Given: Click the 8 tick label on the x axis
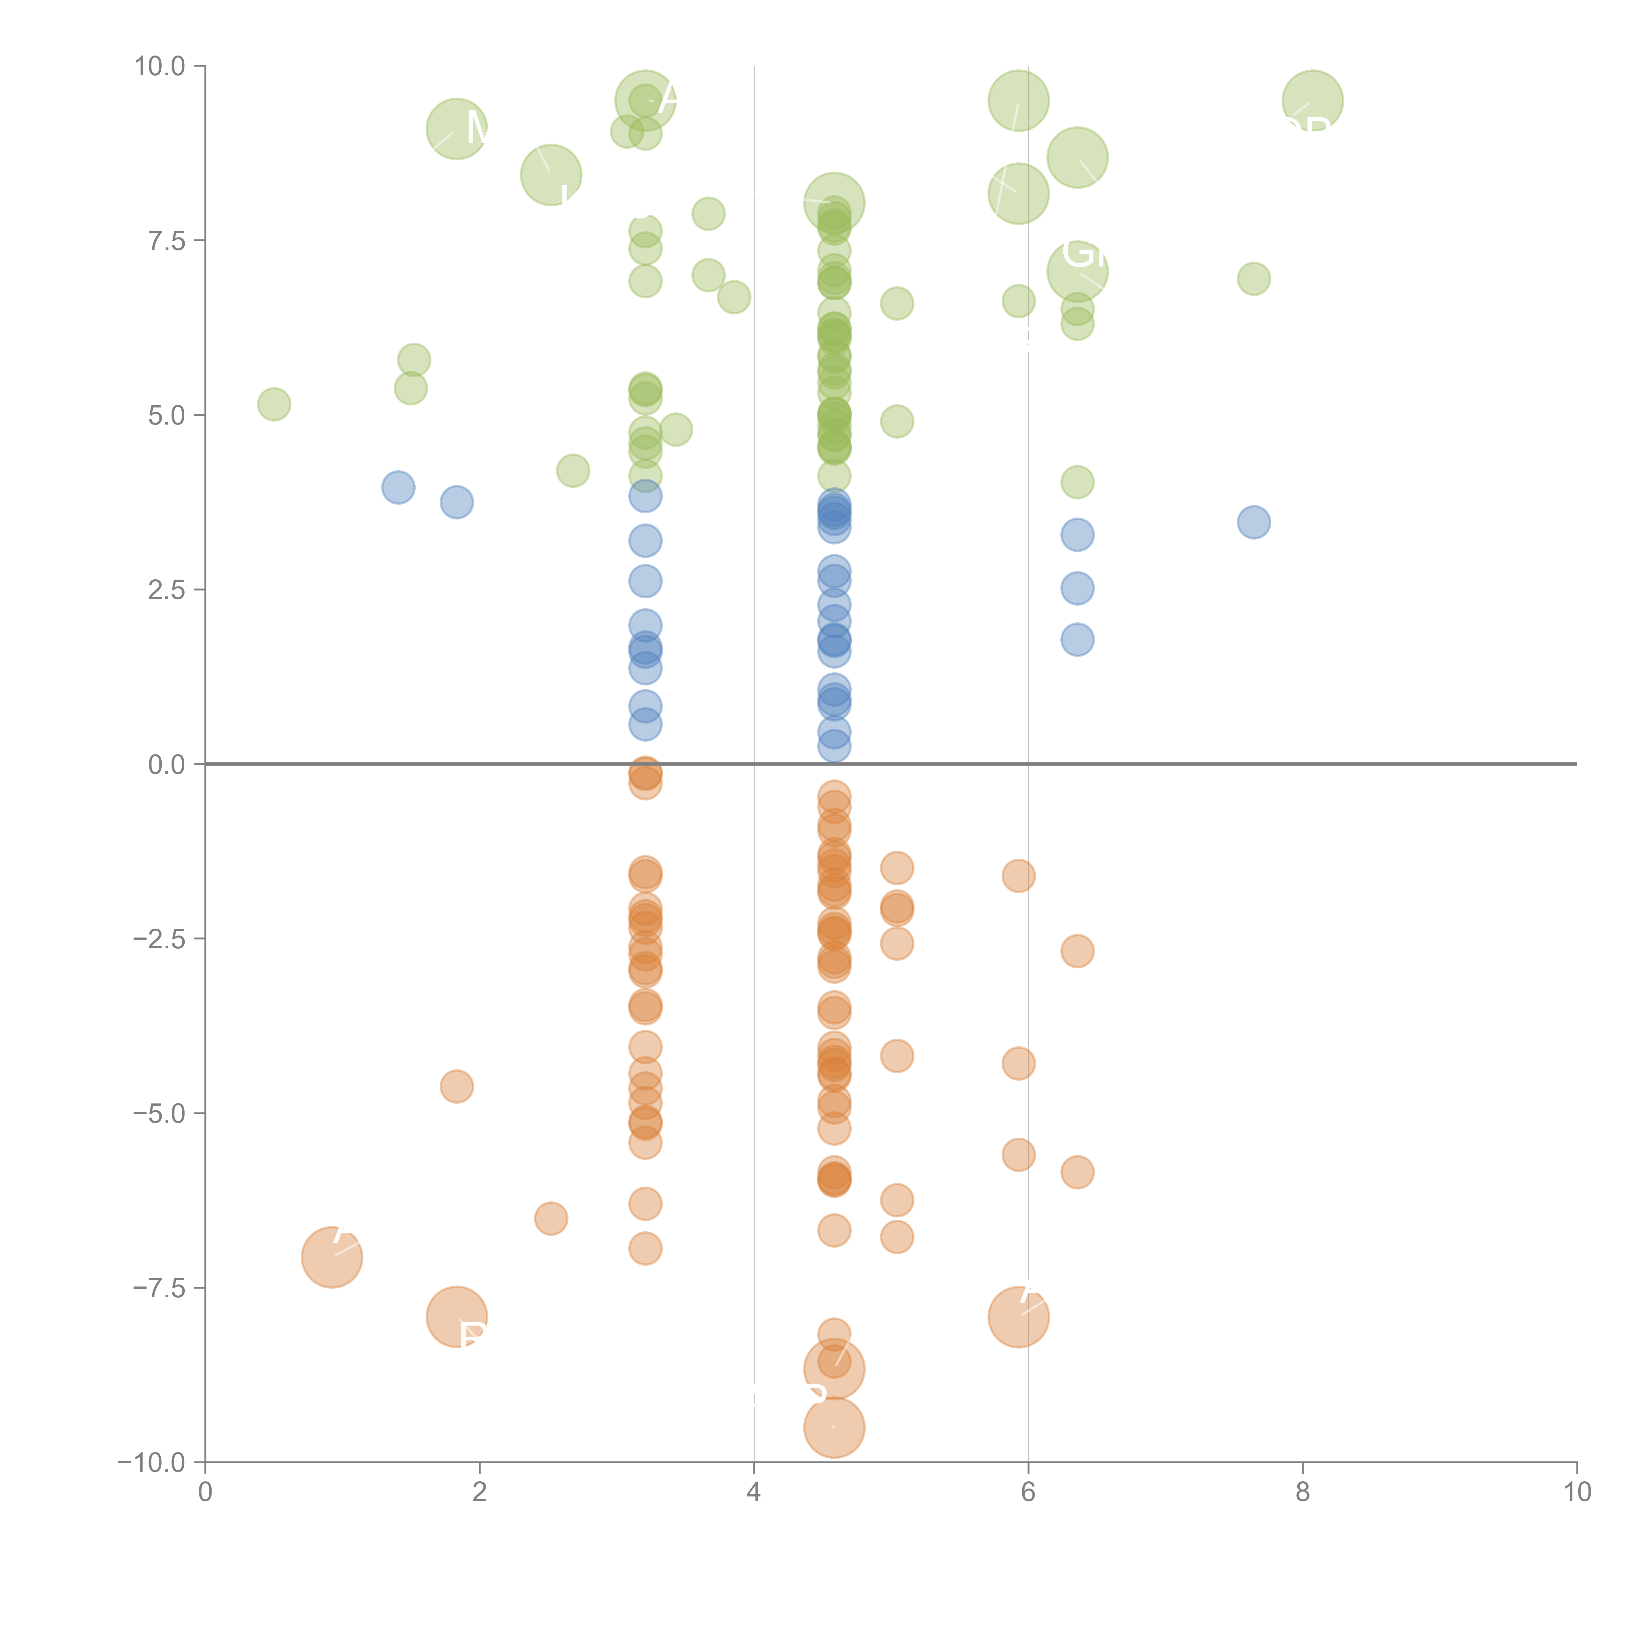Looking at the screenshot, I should tap(1303, 1493).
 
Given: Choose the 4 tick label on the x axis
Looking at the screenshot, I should tap(753, 1493).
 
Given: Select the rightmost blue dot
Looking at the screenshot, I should tap(1254, 522).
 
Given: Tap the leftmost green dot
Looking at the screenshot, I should tap(274, 404).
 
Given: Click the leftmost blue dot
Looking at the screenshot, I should tap(398, 487).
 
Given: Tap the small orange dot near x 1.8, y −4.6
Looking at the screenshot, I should tap(457, 1086).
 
